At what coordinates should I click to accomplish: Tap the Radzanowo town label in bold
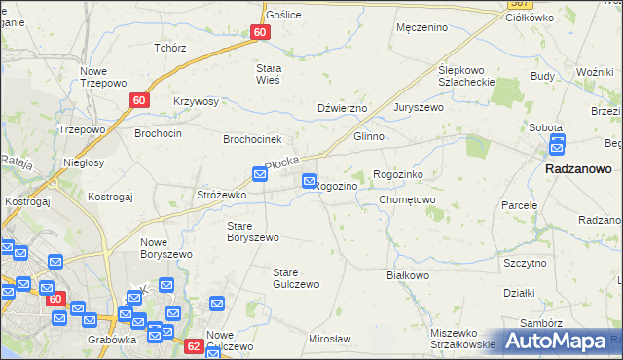[x=578, y=168]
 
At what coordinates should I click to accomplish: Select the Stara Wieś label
[x=267, y=74]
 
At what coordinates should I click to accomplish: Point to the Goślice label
[x=283, y=15]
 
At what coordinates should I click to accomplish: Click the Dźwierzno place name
[x=340, y=108]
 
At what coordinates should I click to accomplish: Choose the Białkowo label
[x=408, y=275]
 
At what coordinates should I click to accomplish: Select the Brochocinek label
[x=252, y=139]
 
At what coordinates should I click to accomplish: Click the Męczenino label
[x=421, y=27]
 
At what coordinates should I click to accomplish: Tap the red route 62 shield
[x=193, y=345]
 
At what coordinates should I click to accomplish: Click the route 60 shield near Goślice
[x=259, y=32]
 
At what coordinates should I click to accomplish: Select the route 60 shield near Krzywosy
[x=139, y=99]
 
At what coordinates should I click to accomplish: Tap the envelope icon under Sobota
[x=558, y=145]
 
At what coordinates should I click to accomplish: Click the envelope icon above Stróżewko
[x=260, y=174]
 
